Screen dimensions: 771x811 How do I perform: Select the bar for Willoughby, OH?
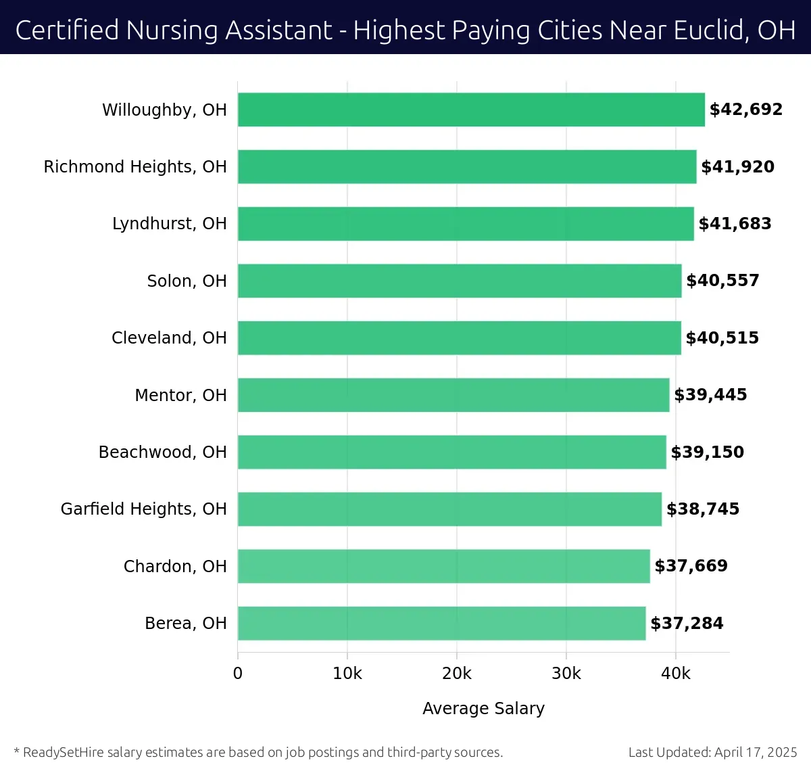tap(471, 110)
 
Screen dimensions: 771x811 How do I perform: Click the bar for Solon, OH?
tap(460, 281)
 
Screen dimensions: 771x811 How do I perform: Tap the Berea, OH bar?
tap(441, 623)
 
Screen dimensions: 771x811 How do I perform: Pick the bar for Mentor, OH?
tap(453, 395)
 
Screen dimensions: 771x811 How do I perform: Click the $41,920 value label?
tap(737, 167)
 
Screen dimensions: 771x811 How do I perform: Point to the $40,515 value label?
tap(722, 338)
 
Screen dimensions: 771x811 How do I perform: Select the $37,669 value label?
tap(691, 566)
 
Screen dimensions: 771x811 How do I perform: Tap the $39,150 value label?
tap(707, 452)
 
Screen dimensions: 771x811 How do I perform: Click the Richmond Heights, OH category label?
tap(135, 167)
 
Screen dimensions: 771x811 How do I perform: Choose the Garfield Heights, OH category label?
tap(143, 509)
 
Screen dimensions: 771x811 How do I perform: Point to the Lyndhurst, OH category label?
tap(169, 224)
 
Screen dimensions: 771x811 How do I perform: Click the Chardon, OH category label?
tap(174, 566)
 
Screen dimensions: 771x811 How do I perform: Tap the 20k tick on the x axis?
tap(457, 674)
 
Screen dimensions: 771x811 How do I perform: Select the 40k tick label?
tap(676, 674)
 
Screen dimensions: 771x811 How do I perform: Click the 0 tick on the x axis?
tap(238, 674)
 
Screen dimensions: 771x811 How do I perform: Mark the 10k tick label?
tap(347, 674)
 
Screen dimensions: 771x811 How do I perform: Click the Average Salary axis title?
tap(483, 708)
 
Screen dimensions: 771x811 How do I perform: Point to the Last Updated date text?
tap(712, 752)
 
